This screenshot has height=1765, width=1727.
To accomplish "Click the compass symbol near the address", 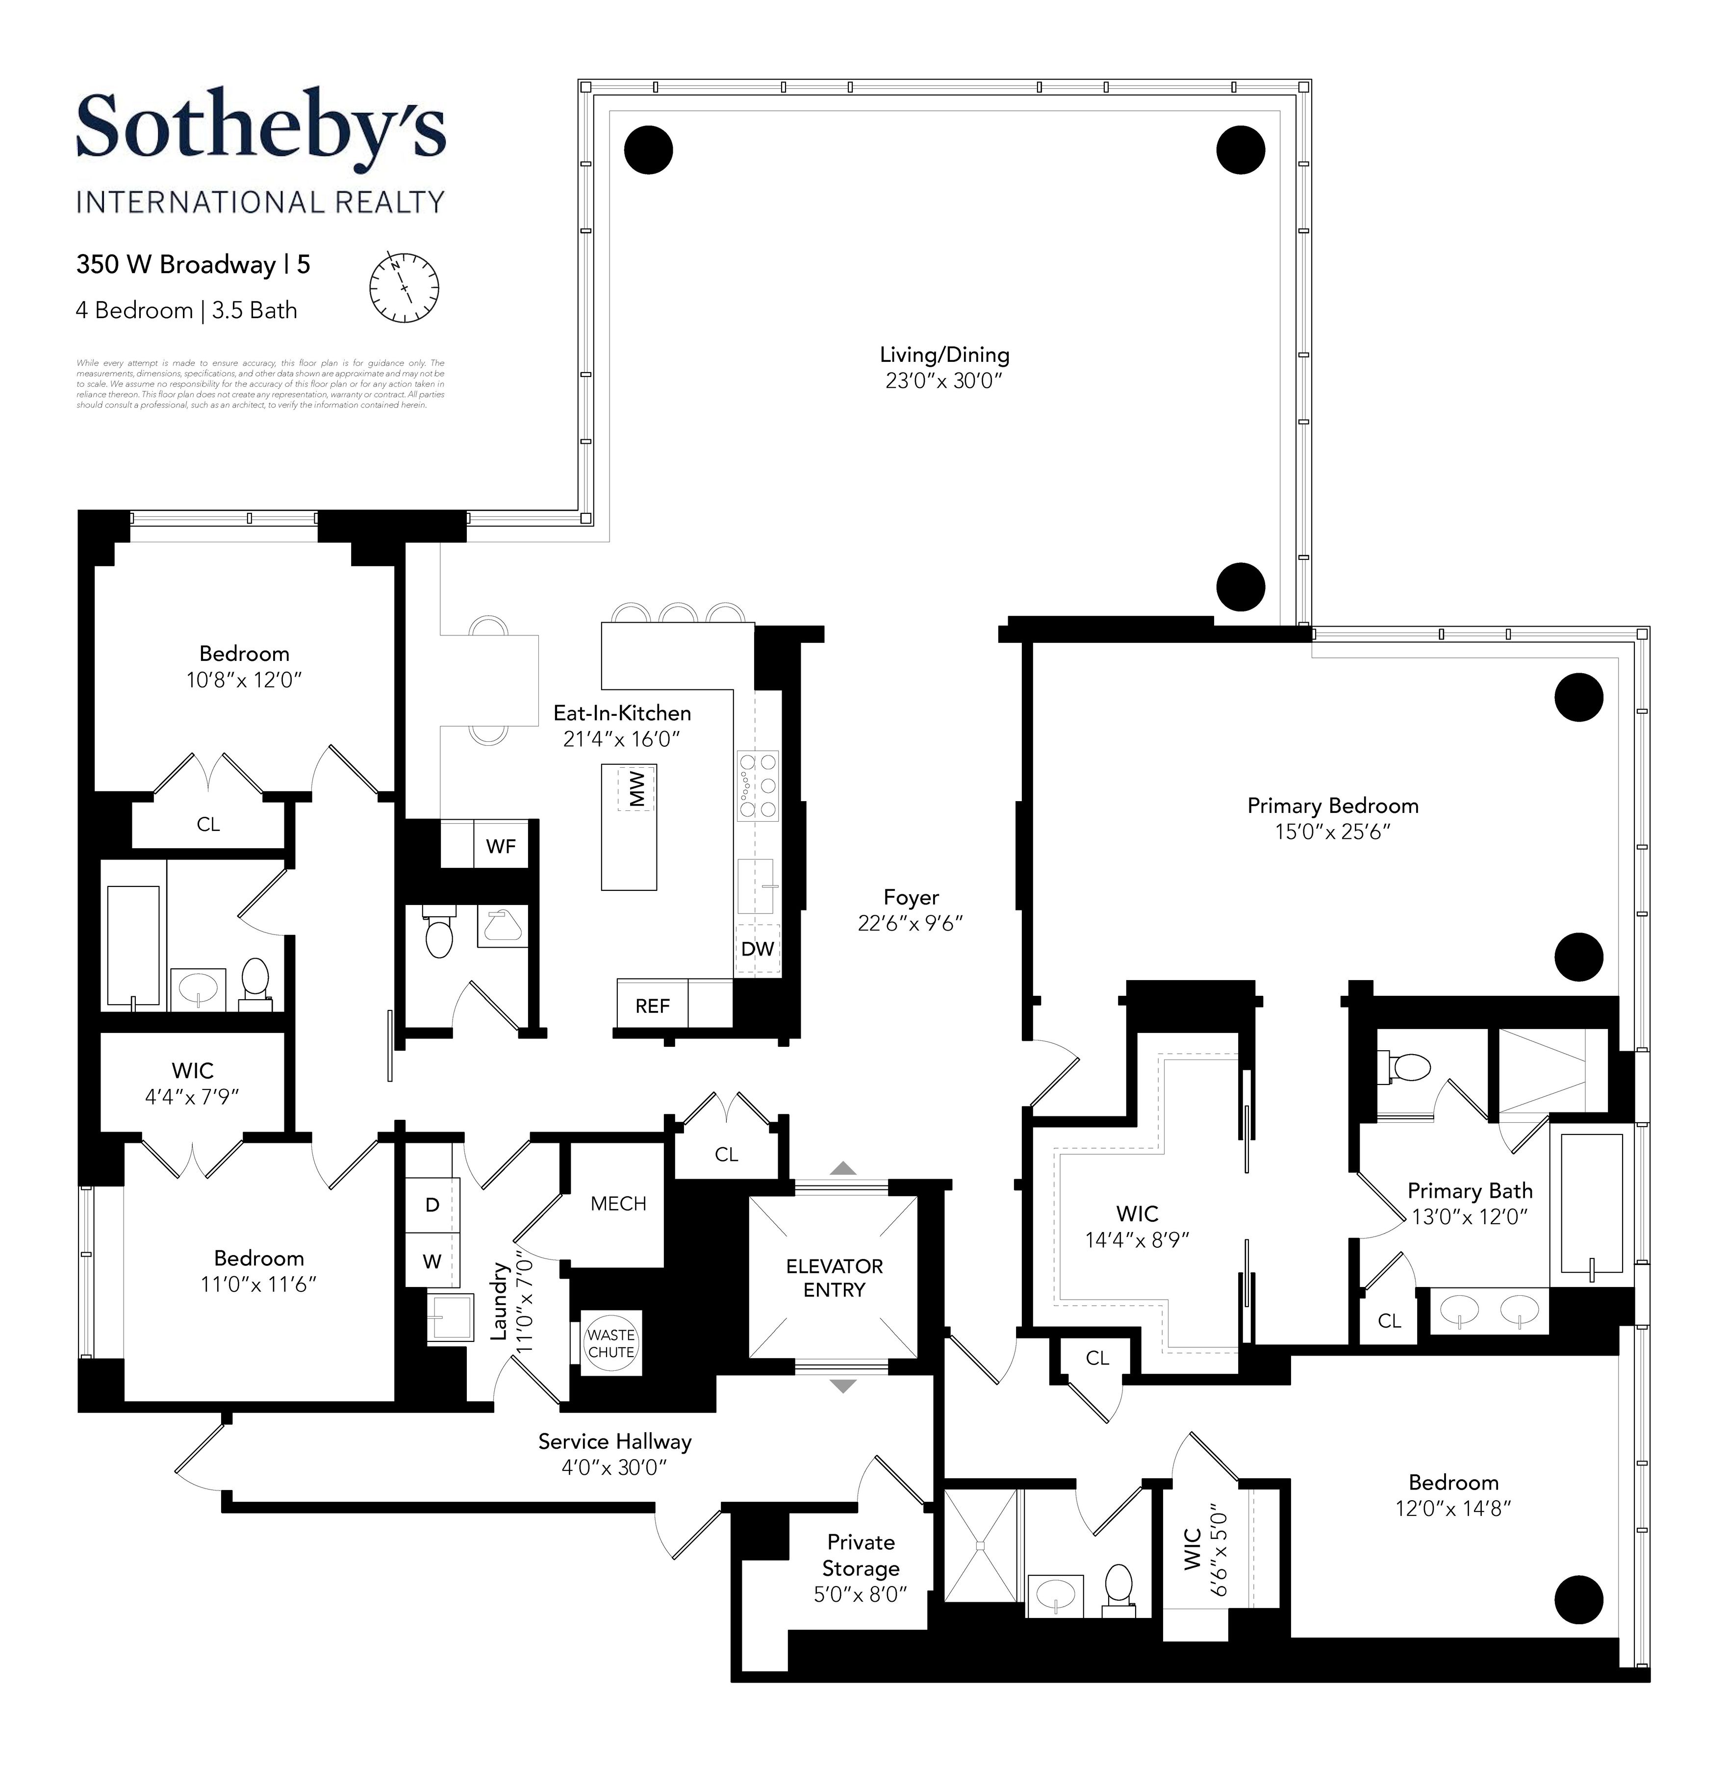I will click(x=404, y=287).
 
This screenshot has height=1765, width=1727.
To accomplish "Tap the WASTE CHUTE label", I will click(x=610, y=1343).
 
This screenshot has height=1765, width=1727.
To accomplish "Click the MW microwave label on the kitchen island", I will click(x=637, y=788).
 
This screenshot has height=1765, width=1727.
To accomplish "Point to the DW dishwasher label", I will click(x=758, y=949).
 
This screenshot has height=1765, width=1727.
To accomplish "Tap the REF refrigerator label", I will click(x=652, y=1006).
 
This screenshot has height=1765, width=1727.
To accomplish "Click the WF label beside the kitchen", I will click(x=501, y=846).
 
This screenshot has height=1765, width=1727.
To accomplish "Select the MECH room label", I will click(x=619, y=1204).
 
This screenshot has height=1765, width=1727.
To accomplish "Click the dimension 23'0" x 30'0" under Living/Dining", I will click(x=944, y=381).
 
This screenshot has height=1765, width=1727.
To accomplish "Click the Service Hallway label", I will click(x=615, y=1441).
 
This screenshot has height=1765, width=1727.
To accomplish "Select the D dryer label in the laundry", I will click(x=432, y=1205).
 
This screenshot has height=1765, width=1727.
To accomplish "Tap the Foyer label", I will click(x=911, y=897).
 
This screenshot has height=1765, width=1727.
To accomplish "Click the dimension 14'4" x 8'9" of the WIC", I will click(x=1137, y=1240).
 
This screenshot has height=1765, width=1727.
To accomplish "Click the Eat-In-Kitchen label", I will click(x=622, y=713).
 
